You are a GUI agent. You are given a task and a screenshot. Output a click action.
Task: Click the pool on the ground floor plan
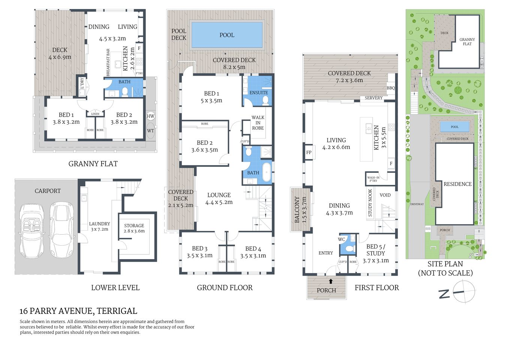[226, 35]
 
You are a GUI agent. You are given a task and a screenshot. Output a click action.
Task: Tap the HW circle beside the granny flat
[150, 116]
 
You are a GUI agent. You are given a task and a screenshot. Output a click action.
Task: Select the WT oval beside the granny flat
[150, 131]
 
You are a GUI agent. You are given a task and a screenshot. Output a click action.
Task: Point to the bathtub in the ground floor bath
[266, 172]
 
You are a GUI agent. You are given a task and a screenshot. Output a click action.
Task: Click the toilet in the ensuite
[265, 100]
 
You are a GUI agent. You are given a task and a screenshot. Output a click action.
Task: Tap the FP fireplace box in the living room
[309, 152]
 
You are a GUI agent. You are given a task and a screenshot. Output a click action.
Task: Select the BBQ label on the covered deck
[391, 88]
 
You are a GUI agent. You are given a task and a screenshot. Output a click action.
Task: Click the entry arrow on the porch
[331, 281]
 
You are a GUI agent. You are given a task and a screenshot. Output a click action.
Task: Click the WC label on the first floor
[341, 239]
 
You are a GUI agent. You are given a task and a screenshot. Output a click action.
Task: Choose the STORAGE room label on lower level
[134, 225]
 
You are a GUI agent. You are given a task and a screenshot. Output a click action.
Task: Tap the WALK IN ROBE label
[258, 123]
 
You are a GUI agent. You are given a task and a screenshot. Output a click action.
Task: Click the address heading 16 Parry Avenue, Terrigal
[78, 311]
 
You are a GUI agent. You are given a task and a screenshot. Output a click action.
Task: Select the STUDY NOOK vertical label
[370, 203]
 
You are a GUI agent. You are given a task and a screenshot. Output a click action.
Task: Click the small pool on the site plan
[454, 127]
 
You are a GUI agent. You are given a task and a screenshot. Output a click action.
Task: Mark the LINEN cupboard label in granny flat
[95, 114]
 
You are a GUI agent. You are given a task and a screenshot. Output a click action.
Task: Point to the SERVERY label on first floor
[373, 98]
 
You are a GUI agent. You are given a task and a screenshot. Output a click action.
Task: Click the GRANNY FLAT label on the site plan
[467, 42]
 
